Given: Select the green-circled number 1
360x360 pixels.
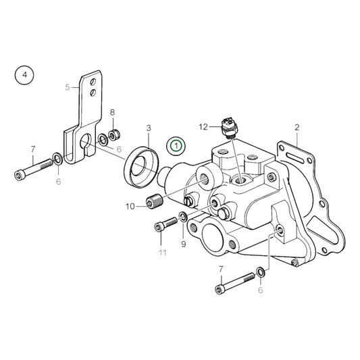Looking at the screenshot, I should (x=176, y=145).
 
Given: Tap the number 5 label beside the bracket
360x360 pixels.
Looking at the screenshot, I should (x=68, y=87).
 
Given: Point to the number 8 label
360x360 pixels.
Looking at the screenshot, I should (x=113, y=112).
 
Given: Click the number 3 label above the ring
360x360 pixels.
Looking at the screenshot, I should (x=149, y=127).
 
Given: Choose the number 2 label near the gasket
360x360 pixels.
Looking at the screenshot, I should (x=297, y=126).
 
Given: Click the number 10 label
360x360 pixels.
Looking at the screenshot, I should (x=131, y=206).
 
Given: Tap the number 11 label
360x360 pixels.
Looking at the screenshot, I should (x=161, y=253).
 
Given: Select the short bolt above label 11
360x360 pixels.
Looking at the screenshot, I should (x=163, y=227).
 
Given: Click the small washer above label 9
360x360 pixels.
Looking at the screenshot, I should (x=182, y=217).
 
